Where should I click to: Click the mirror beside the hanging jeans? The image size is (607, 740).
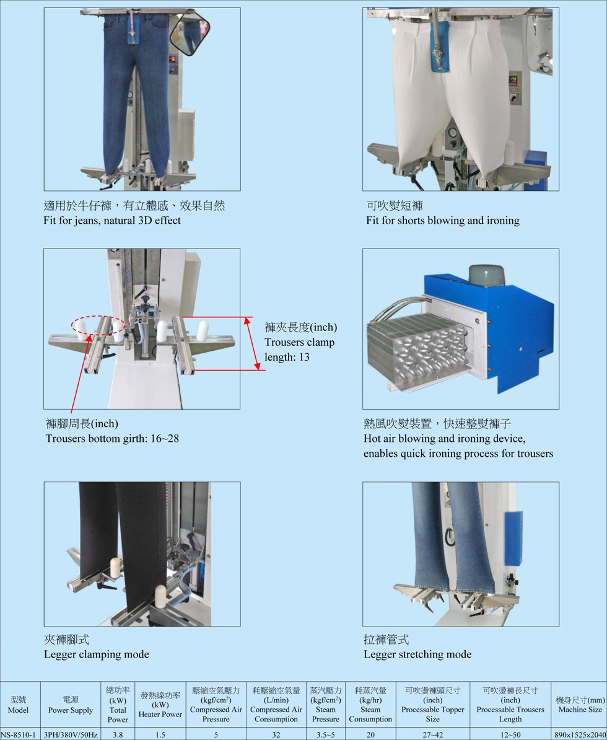pos(190,35)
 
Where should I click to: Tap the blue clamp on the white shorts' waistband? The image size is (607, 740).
pos(438,46)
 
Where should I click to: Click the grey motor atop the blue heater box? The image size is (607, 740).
pos(486,275)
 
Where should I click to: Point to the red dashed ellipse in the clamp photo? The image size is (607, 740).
pos(98,329)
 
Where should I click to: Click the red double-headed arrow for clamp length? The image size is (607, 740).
pos(252,343)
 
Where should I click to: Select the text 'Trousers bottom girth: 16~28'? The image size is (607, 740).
pos(112,438)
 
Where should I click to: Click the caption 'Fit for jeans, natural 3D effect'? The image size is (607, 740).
pos(112,221)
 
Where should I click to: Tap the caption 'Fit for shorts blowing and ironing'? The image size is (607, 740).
pos(443,221)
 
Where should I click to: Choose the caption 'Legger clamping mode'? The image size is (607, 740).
pos(97,654)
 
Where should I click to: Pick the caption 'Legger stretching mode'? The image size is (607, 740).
pos(417,654)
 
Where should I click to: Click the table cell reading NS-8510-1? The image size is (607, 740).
pos(20,734)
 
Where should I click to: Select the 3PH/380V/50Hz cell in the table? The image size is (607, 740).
pos(70,734)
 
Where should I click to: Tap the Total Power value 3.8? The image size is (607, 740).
pos(118,734)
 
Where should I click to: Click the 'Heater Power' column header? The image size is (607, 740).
pos(160,705)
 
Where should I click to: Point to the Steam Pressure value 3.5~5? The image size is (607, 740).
pos(325,734)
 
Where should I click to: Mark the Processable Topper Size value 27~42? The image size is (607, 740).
pos(432,734)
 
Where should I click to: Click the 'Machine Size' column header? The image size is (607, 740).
pos(580,705)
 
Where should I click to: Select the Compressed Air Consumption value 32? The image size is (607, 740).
pos(276,734)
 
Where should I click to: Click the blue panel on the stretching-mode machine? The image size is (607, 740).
pos(513,539)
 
